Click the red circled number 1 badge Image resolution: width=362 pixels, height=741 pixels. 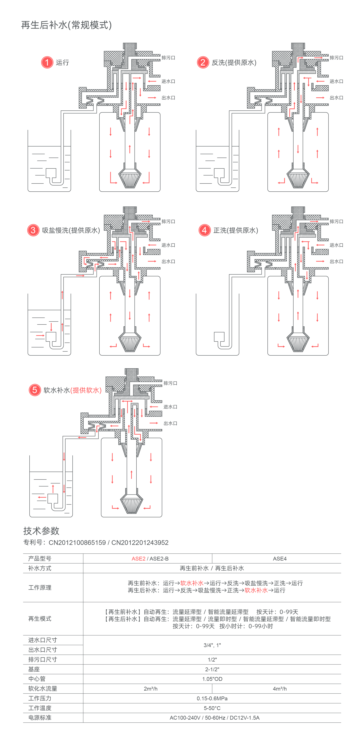47,62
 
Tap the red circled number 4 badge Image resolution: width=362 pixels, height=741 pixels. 204,230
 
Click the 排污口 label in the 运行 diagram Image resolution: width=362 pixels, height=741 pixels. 168,58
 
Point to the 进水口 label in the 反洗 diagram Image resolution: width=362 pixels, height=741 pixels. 336,81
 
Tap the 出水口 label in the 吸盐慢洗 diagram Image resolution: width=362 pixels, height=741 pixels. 168,261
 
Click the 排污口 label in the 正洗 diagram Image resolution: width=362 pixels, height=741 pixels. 336,222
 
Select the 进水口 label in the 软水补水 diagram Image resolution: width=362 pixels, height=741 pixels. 170,407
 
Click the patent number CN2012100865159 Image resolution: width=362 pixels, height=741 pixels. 77,542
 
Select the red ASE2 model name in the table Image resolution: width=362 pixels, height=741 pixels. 138,559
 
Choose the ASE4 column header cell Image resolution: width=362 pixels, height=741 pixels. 279,559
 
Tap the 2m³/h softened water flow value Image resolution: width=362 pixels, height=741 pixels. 150,689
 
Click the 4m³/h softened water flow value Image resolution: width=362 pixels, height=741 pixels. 279,689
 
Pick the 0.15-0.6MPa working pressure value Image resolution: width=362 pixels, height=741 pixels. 212,698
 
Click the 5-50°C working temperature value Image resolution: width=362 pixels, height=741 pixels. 212,708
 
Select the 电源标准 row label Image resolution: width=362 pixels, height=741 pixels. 40,718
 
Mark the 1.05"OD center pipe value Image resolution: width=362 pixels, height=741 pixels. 212,679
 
